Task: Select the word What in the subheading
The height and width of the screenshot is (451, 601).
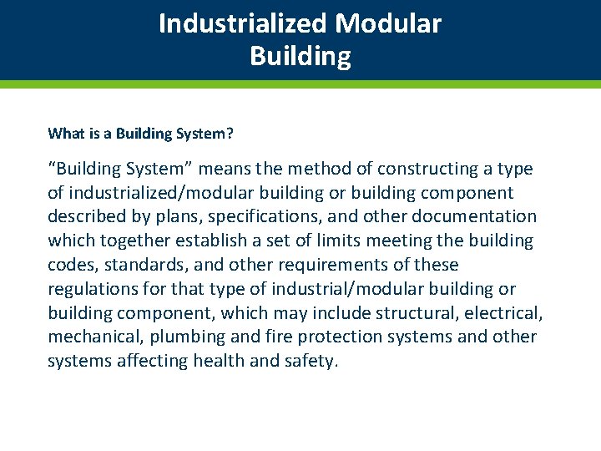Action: click(x=64, y=134)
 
